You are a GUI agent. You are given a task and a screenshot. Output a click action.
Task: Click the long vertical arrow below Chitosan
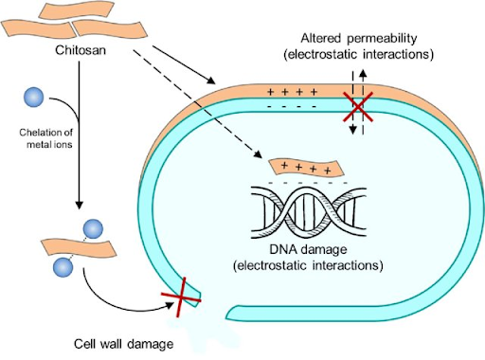tap(78, 133)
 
